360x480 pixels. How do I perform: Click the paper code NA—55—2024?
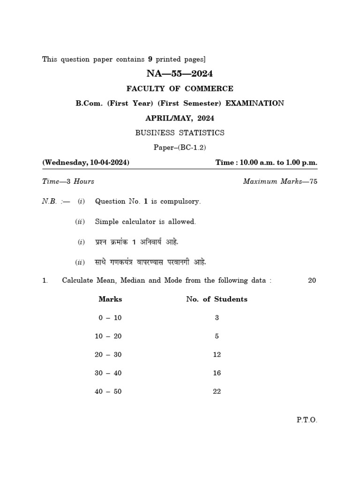(x=180, y=74)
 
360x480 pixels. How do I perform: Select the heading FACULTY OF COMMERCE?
(x=180, y=89)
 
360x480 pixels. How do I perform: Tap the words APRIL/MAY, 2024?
(x=180, y=118)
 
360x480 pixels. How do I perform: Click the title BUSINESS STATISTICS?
(x=180, y=133)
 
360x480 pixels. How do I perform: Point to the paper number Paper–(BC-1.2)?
(x=180, y=147)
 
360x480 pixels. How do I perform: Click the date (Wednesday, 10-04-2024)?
(x=86, y=163)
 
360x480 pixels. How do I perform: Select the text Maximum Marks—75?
(x=280, y=181)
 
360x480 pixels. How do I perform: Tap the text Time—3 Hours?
(x=68, y=181)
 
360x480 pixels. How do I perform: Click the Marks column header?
(x=110, y=299)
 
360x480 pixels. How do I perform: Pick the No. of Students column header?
(x=217, y=299)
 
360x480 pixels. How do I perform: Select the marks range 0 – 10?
(x=110, y=318)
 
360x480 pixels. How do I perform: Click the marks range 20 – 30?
(x=108, y=355)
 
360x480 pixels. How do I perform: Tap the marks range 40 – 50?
(x=108, y=391)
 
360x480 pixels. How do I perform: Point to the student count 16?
(x=217, y=373)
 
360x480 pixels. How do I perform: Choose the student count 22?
(x=217, y=391)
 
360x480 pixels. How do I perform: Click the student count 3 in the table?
(x=217, y=318)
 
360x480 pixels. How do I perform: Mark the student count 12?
(x=217, y=355)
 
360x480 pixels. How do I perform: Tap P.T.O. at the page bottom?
(x=307, y=420)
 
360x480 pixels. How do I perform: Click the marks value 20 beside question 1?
(x=312, y=281)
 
